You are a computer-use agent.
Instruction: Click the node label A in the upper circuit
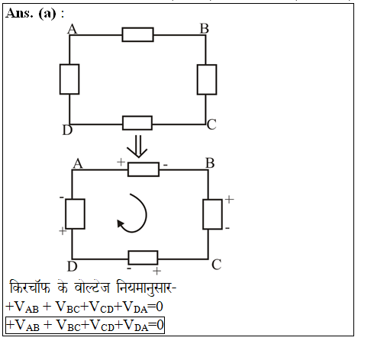tap(73, 29)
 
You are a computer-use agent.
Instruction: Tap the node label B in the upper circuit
tap(205, 28)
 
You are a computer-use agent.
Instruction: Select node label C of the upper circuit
tap(211, 124)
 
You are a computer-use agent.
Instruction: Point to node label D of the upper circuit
tap(67, 130)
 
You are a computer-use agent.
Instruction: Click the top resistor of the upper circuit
tap(138, 34)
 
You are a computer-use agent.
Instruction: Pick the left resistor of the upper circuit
tap(69, 79)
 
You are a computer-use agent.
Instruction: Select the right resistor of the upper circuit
tap(207, 79)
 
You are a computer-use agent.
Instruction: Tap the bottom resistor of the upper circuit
tap(137, 123)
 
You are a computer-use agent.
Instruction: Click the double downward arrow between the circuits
tap(137, 146)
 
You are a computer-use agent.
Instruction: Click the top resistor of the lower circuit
tap(143, 169)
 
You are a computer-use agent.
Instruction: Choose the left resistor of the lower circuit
tap(75, 214)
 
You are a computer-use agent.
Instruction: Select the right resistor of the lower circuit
tap(212, 214)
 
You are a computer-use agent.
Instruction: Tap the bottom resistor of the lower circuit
tap(143, 258)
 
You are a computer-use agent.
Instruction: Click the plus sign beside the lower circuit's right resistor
tap(229, 199)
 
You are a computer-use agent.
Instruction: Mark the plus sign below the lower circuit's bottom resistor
tap(156, 271)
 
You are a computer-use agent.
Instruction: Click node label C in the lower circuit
tap(217, 265)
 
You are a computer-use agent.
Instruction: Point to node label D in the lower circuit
tap(73, 266)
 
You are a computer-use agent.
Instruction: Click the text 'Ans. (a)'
tap(31, 13)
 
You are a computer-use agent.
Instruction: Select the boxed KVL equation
tap(85, 325)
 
